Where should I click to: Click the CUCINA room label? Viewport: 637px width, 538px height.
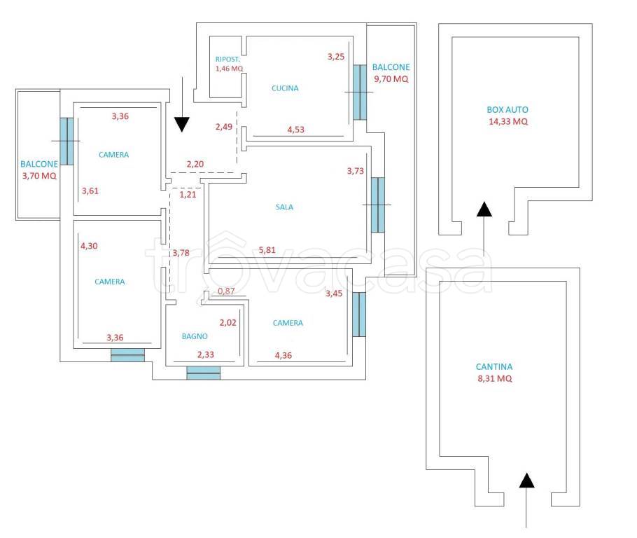285,88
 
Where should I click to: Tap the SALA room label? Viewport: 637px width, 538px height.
284,207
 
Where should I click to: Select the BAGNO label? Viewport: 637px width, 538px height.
195,336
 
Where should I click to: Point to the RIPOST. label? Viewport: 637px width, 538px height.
227,60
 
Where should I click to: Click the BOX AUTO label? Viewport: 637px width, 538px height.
507,109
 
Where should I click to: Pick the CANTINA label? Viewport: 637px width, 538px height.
494,366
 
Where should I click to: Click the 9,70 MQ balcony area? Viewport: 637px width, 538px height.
391,79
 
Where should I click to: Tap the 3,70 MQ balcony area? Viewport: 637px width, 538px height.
39,176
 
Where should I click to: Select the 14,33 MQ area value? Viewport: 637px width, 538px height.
508,121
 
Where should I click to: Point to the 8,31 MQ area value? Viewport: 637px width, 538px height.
495,378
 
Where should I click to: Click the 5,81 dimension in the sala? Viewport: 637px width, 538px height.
267,249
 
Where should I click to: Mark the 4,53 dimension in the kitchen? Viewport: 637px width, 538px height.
295,130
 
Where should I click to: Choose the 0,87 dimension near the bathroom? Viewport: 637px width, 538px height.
226,291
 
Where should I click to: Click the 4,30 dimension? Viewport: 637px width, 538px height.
89,246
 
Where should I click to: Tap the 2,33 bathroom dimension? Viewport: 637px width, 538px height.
206,354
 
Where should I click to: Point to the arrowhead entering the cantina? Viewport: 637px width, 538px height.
526,480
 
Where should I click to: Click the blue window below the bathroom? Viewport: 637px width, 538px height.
204,373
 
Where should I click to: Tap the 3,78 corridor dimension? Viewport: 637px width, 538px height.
181,252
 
